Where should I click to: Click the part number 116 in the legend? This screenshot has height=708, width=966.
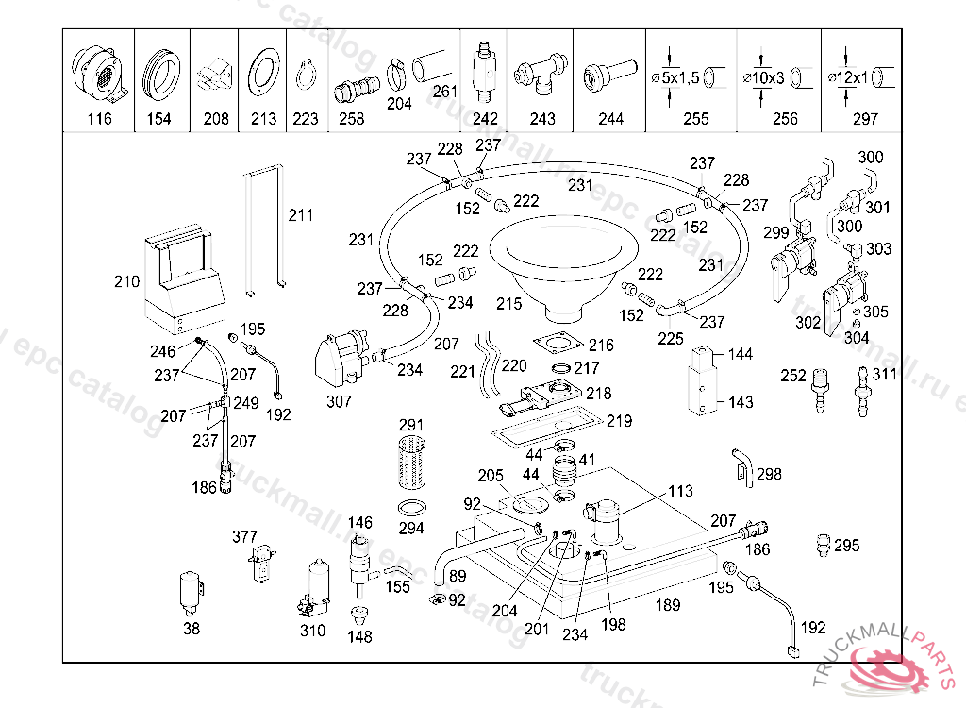pos(99,119)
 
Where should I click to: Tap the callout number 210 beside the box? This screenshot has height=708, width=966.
pos(126,281)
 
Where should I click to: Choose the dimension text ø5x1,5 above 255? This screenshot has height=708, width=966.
pos(675,77)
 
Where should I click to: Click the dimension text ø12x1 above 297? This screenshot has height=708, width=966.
pos(849,77)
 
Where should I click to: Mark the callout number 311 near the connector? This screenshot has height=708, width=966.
pos(884,375)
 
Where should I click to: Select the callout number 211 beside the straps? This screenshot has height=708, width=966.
pos(300,215)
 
